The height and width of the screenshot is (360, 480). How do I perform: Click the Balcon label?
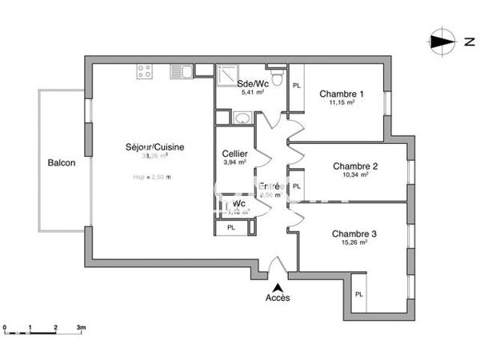62,163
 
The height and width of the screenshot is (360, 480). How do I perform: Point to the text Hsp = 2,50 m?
152,177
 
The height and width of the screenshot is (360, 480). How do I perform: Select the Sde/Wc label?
252,84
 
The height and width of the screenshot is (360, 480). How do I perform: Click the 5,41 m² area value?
252,93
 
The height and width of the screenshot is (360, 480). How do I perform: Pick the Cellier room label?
234,154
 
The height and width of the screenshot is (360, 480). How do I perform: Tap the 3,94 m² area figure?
234,162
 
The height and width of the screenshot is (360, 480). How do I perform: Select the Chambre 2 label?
355,166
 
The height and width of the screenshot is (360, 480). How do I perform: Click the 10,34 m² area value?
355,175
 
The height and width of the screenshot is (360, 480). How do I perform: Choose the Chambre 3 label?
355,234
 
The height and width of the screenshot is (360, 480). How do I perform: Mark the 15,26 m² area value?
355,242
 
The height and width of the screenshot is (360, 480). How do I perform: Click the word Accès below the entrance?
278,298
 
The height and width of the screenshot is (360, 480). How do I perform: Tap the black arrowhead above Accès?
278,286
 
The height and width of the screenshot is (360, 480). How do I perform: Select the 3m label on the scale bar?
81,328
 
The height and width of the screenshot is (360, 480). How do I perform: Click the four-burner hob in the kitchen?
146,72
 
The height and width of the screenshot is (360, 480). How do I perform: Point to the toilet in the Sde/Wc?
276,77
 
